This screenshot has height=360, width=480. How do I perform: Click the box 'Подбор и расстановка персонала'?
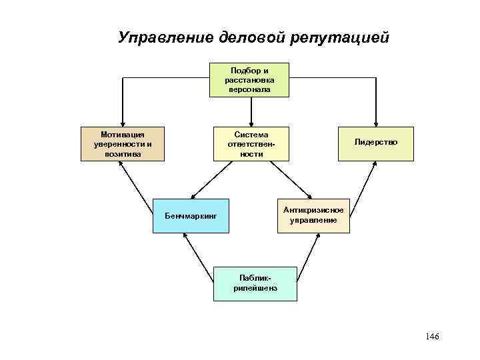(249, 79)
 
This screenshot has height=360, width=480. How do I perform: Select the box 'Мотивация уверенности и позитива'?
(122, 143)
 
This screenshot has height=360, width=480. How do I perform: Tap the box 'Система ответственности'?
(250, 143)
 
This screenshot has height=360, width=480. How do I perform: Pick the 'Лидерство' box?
(375, 143)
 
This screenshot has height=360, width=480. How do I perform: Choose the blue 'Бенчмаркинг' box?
(190, 215)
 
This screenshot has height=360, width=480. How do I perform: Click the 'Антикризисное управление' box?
(313, 215)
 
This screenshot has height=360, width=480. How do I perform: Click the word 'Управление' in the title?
(165, 37)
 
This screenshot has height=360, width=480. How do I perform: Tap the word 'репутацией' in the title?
(339, 37)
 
